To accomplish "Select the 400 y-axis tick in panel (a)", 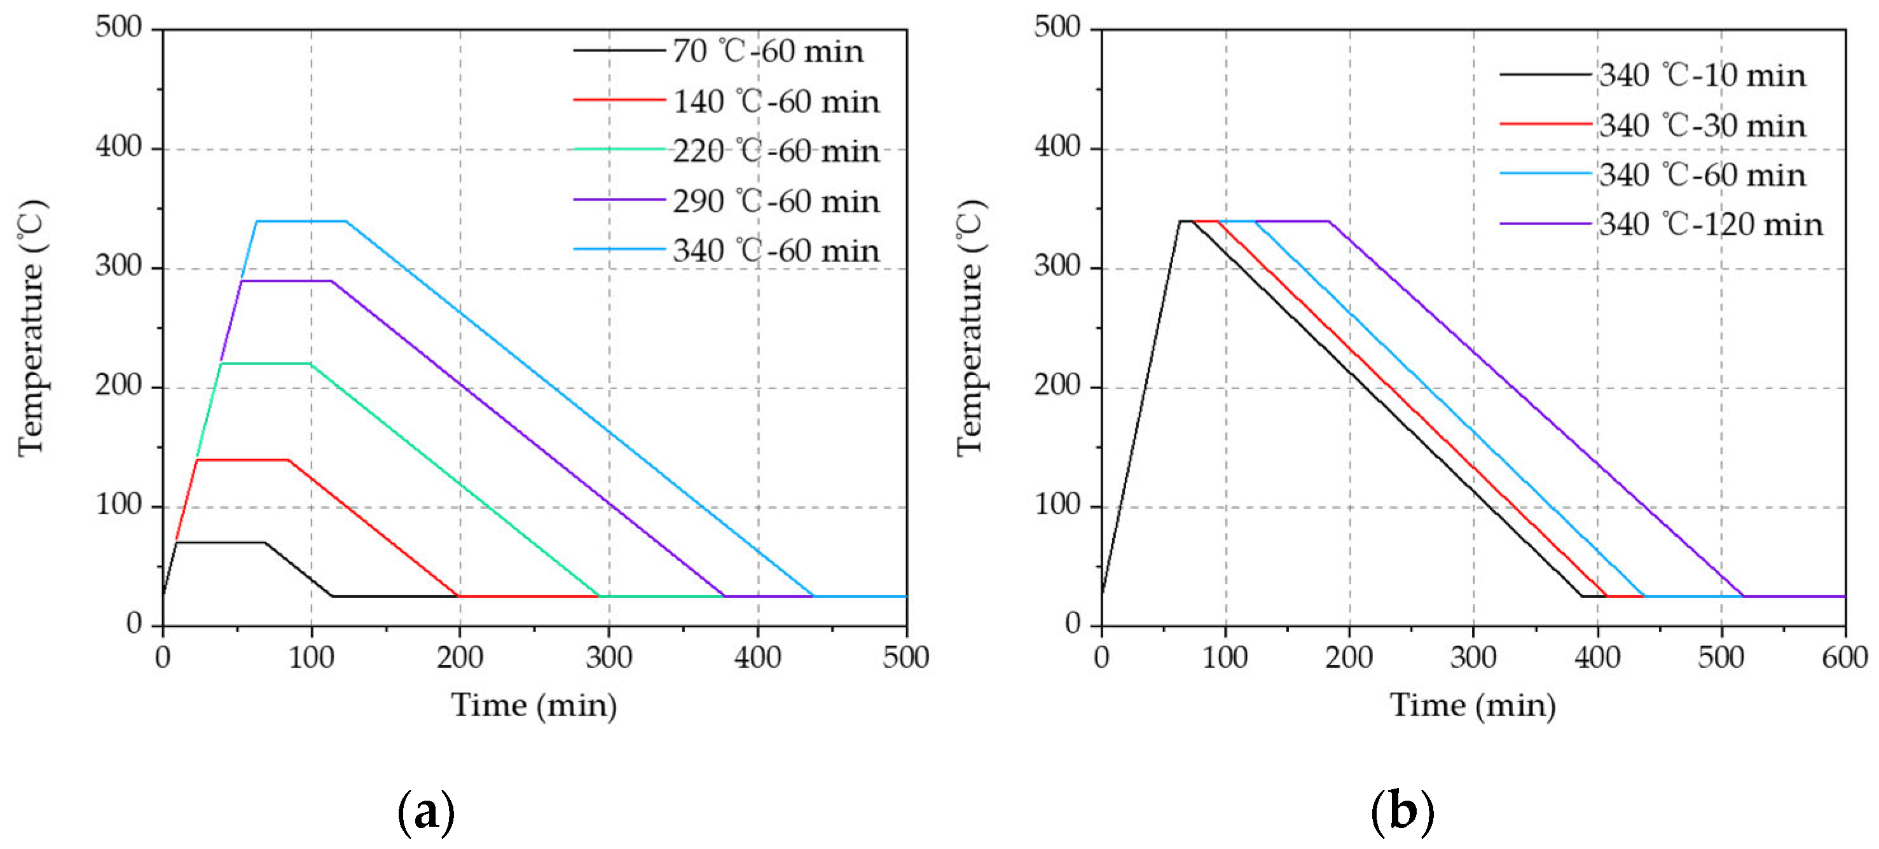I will (x=118, y=148).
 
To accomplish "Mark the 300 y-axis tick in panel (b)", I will (x=1057, y=267).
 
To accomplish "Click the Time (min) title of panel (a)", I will (x=534, y=705).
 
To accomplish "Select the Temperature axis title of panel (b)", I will (x=971, y=328).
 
